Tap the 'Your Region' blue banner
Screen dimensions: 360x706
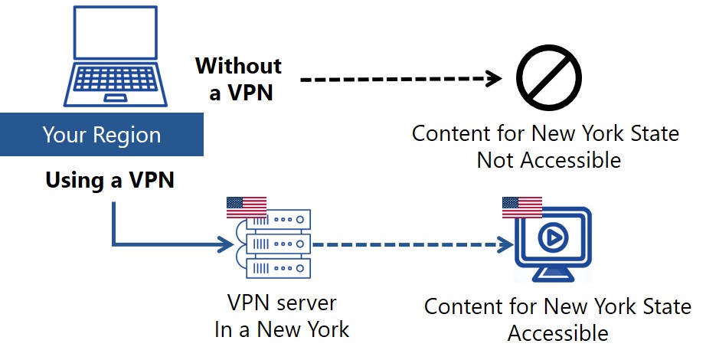[102, 136]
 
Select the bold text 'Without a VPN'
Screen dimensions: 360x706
[238, 79]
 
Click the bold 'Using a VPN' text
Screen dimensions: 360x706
[110, 181]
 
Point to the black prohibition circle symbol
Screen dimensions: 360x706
[548, 79]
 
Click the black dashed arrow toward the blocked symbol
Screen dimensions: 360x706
[398, 79]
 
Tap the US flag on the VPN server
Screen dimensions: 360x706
[247, 208]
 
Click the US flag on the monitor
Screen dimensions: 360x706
[521, 207]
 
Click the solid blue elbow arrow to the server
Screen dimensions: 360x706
[153, 245]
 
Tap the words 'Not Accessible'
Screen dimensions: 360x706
[548, 160]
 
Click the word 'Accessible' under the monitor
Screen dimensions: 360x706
[557, 333]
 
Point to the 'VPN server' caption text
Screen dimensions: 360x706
[282, 303]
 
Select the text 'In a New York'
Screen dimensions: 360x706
[282, 329]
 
